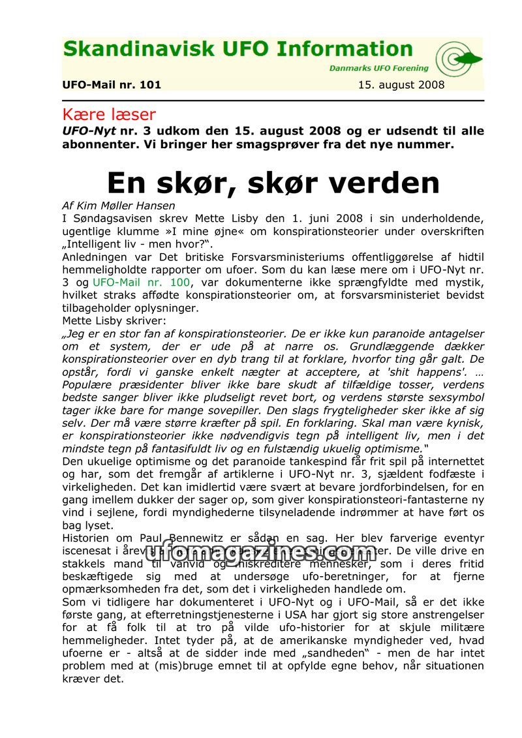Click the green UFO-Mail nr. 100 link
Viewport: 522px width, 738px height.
click(142, 283)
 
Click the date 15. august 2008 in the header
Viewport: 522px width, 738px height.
click(401, 85)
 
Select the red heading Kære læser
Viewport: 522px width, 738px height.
click(109, 115)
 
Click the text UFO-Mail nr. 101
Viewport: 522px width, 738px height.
click(112, 85)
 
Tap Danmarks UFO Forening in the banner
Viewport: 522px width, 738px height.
click(378, 68)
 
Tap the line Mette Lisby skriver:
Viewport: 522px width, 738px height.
click(114, 321)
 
